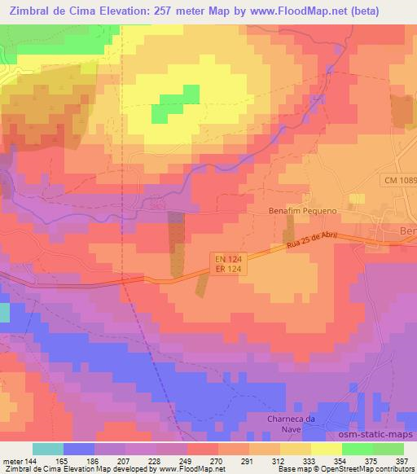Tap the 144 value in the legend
pyautogui.click(x=30, y=460)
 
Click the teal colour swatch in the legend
pyautogui.click(x=48, y=449)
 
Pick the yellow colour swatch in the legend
pyautogui.click(x=326, y=449)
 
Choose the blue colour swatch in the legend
pyautogui.click(x=79, y=449)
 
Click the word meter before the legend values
pyautogui.click(x=12, y=460)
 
